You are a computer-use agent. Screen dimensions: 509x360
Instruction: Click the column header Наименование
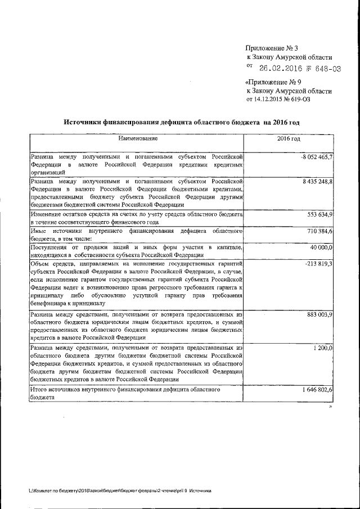[138, 138]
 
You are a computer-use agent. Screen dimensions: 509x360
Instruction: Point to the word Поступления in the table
[51, 247]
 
